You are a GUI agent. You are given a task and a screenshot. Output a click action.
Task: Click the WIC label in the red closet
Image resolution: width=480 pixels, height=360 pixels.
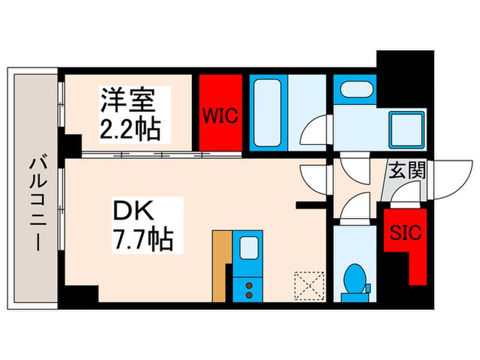219,115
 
